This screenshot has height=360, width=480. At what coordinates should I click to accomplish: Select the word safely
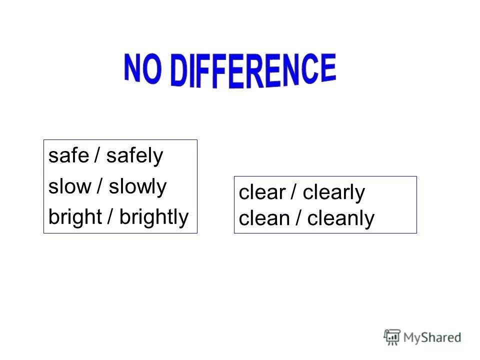(134, 156)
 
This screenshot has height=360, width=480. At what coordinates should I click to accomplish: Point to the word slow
(69, 186)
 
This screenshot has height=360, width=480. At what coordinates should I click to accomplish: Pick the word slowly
(137, 186)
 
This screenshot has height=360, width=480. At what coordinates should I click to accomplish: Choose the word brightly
(154, 217)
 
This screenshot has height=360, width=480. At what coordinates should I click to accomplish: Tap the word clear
(262, 193)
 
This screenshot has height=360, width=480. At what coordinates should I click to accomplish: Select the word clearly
(334, 193)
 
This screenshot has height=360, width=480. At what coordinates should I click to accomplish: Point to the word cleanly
(340, 218)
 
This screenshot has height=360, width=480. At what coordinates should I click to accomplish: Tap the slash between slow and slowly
(100, 186)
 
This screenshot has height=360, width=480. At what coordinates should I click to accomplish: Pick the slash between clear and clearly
(294, 193)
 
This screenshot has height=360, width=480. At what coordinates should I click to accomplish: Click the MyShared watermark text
(431, 337)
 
